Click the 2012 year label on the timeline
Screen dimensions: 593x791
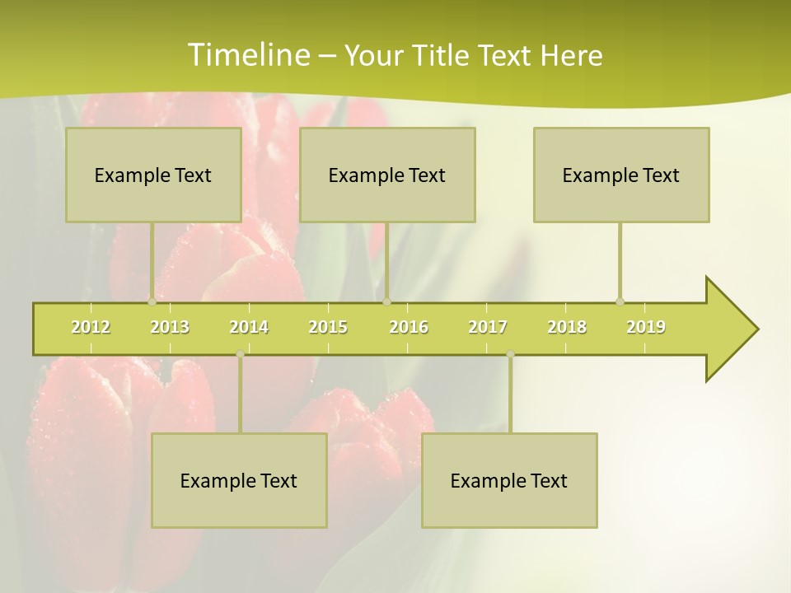pos(91,327)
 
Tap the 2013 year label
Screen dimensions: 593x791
pos(170,327)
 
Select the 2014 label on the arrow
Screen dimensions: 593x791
pos(249,327)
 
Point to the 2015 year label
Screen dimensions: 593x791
pos(328,327)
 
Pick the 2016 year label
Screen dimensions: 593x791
pos(409,327)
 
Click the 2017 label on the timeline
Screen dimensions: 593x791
pos(488,327)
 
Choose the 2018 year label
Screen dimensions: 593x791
pos(567,327)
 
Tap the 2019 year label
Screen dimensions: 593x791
pos(646,327)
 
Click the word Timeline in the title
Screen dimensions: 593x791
pos(247,55)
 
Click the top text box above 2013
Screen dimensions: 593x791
pos(153,175)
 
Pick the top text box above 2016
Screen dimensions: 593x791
pos(387,175)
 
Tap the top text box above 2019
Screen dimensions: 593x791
pos(621,175)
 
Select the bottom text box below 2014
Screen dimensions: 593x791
pos(239,480)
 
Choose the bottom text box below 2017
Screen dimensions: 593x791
pos(509,480)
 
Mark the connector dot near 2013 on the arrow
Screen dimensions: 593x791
pos(152,301)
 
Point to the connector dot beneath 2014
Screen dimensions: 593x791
pos(240,354)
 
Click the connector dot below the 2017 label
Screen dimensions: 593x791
pos(510,354)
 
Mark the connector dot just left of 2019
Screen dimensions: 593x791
pos(620,301)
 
